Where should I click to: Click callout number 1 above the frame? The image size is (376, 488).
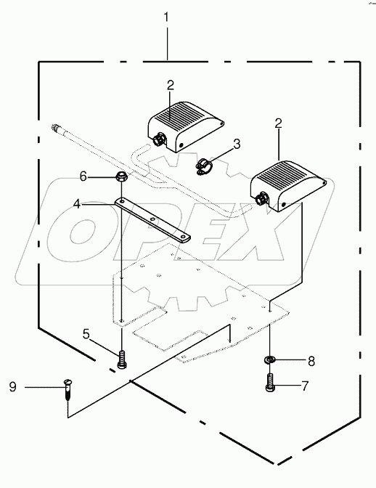[x=167, y=15]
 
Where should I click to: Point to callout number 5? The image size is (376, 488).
[x=86, y=335]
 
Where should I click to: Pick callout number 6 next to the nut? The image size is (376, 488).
[x=83, y=176]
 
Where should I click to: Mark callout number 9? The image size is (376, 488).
[x=12, y=388]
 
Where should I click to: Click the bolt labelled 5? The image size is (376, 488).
[x=121, y=357]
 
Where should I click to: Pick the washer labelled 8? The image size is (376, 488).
[x=270, y=360]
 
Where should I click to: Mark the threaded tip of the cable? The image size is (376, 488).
[x=57, y=128]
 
